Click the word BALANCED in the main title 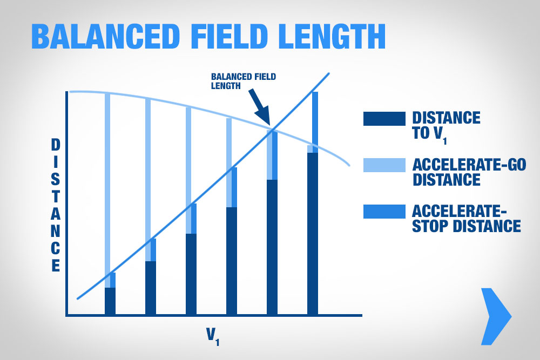click(106, 36)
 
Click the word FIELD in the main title click(229, 36)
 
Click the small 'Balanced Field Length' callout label click(244, 81)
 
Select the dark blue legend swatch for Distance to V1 click(384, 119)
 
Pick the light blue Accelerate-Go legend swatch click(384, 165)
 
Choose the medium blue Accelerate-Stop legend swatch click(384, 212)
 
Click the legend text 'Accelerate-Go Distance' click(469, 172)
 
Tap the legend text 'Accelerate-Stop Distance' click(467, 219)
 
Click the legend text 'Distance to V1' click(447, 127)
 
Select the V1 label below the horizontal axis click(213, 336)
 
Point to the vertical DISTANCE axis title click(56, 205)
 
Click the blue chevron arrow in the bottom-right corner click(496, 316)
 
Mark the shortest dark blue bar click(110, 301)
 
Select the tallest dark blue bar click(312, 234)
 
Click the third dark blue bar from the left click(191, 274)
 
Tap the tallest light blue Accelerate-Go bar click(107, 190)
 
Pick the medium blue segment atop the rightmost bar click(315, 118)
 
